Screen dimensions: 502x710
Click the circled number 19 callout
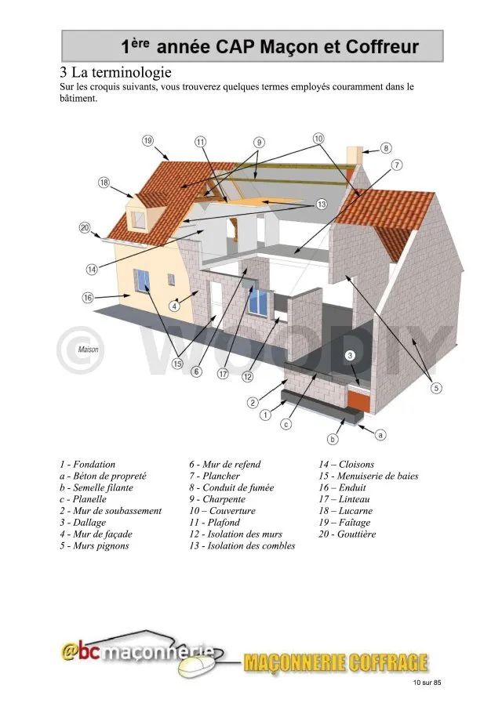point(148,140)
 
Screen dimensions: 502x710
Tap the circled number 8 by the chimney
point(386,148)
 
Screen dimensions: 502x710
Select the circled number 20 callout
point(85,228)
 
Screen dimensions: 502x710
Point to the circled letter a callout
point(380,435)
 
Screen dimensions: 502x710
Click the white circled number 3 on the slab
point(350,356)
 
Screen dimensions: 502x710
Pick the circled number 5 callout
point(436,388)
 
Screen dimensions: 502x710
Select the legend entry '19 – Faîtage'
point(344,523)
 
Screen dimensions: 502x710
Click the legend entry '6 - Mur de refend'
point(224,464)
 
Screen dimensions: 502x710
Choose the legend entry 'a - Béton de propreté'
point(103,476)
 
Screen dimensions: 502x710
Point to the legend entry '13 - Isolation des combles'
point(242,545)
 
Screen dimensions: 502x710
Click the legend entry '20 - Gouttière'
point(347,534)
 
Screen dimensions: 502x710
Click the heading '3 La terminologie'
point(115,72)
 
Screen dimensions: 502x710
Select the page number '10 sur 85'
point(427,683)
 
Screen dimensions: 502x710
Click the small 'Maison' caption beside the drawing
point(88,350)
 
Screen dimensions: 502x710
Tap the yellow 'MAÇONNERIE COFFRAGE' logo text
point(335,662)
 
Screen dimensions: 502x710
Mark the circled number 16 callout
point(87,298)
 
